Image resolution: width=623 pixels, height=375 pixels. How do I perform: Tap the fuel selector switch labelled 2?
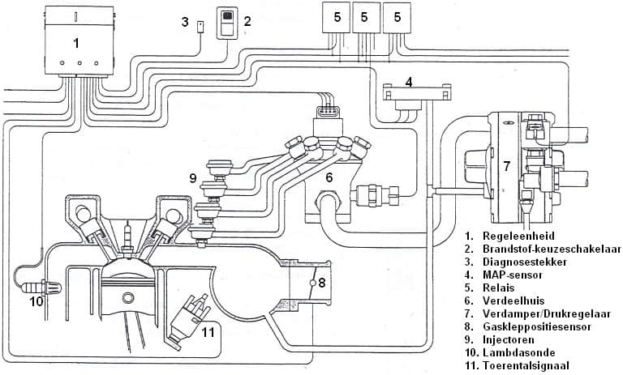230,21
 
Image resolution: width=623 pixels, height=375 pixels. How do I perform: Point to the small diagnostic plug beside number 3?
200,27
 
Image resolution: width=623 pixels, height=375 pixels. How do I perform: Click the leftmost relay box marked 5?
334,17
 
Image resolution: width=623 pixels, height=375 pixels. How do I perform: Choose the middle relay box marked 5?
365,17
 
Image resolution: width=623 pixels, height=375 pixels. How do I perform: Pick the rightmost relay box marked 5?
397,17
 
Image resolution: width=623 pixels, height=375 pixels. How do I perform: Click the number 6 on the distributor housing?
330,177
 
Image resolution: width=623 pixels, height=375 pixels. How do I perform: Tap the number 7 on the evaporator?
506,166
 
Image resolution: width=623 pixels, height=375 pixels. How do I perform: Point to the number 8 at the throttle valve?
322,283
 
